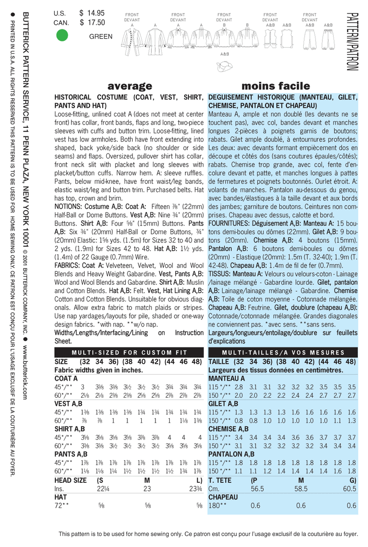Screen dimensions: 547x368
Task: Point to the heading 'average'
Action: tap(129, 86)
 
